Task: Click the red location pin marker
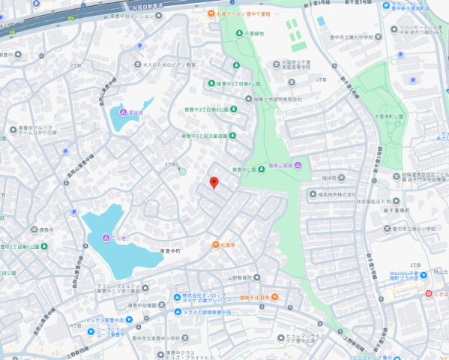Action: pyautogui.click(x=214, y=182)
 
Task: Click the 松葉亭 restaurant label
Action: pyautogui.click(x=229, y=245)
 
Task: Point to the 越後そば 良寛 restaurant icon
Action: pyautogui.click(x=274, y=298)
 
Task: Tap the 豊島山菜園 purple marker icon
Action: pyautogui.click(x=298, y=165)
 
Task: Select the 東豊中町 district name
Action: pyautogui.click(x=170, y=250)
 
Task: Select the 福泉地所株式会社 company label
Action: pyautogui.click(x=334, y=194)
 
